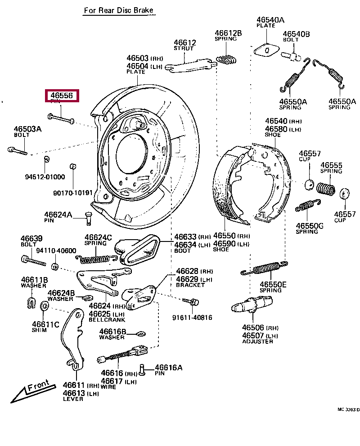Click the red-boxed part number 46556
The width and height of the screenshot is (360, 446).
pyautogui.click(x=62, y=96)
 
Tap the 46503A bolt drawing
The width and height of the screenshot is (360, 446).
pyautogui.click(x=17, y=150)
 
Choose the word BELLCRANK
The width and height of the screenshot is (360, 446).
pyautogui.click(x=107, y=320)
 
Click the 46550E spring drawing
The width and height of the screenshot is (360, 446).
pyautogui.click(x=264, y=269)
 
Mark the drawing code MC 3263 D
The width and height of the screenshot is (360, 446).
pyautogui.click(x=349, y=410)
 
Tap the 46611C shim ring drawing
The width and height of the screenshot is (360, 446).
pyautogui.click(x=45, y=306)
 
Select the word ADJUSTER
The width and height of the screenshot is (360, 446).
pyautogui.click(x=257, y=341)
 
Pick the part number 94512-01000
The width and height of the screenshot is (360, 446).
pyautogui.click(x=45, y=177)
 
